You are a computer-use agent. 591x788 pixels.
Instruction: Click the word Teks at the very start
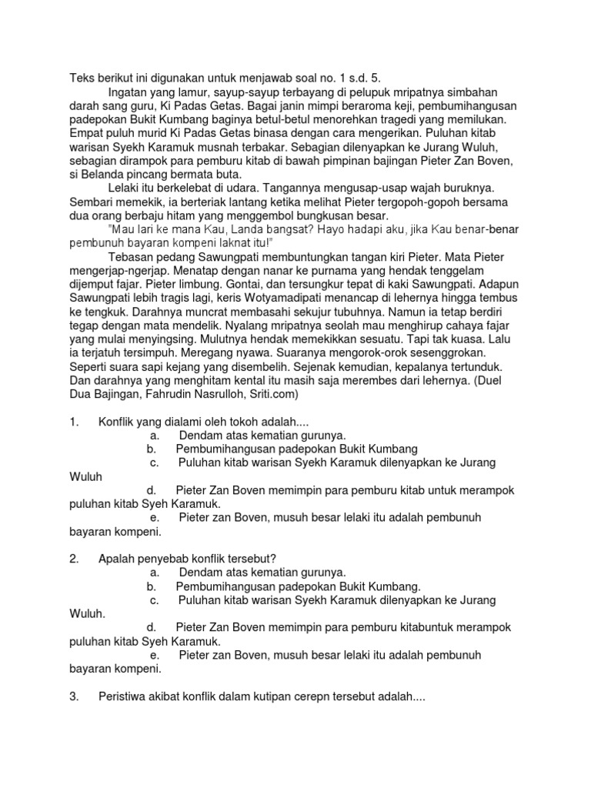[x=82, y=78]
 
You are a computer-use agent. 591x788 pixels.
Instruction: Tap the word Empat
[x=85, y=133]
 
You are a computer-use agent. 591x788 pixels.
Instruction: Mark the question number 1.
[x=74, y=422]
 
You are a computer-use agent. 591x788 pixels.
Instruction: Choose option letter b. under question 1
[x=151, y=449]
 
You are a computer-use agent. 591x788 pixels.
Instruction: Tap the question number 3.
[x=74, y=696]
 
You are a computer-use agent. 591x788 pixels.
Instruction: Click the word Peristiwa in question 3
[x=125, y=696]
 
